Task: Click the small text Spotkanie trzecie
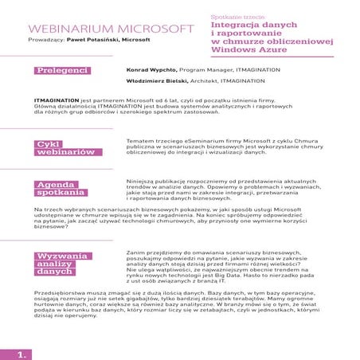tap(244, 15)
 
